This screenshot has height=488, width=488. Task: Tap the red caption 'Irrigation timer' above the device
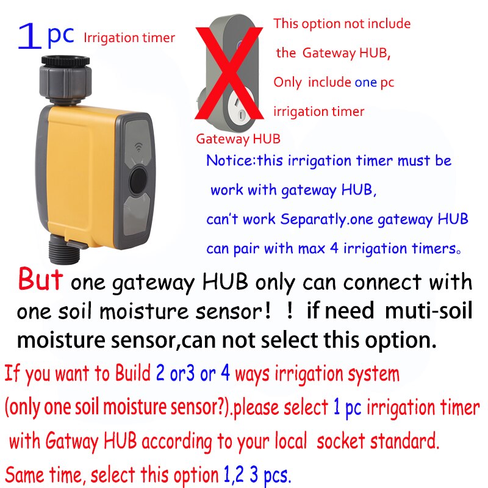(x=129, y=38)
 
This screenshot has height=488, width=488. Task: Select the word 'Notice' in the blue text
(x=229, y=161)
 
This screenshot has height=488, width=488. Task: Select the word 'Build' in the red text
(x=134, y=373)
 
